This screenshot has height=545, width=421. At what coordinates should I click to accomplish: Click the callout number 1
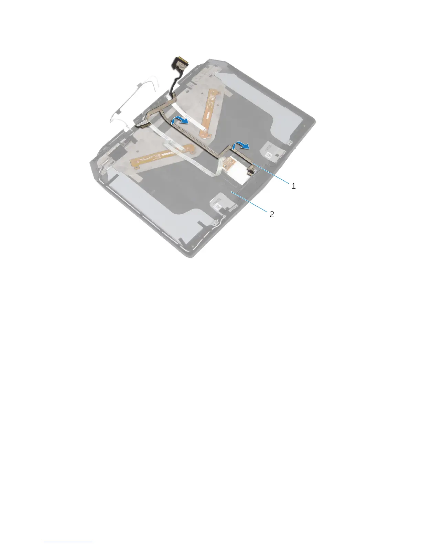293,186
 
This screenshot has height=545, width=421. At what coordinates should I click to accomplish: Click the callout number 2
272,214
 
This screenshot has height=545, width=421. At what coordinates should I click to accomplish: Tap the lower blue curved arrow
241,146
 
